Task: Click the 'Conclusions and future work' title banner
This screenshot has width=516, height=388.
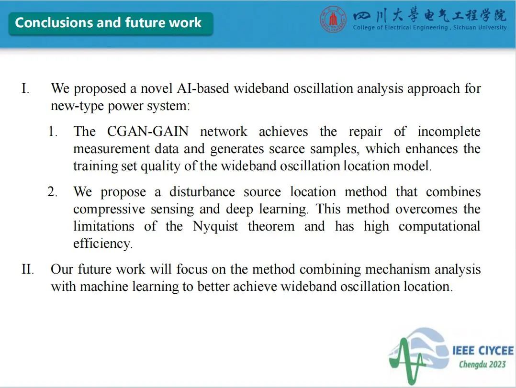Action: (111, 23)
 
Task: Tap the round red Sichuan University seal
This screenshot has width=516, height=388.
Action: (333, 19)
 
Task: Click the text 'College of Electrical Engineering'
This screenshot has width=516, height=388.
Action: (400, 28)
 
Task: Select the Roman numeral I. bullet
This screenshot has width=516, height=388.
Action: (25, 89)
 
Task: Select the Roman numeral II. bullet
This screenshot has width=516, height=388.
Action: (28, 269)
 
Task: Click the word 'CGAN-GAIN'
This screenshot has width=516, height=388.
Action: (148, 132)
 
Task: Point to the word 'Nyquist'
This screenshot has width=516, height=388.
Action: (215, 227)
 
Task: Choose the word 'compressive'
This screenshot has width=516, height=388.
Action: (109, 210)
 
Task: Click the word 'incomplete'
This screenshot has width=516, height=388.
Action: (449, 132)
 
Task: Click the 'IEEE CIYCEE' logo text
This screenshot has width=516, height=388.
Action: (483, 351)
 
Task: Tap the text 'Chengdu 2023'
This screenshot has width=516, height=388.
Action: (482, 365)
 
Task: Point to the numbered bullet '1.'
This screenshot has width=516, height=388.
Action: (53, 132)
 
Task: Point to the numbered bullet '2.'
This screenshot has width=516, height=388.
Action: (52, 192)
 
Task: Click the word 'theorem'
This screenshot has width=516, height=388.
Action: (271, 226)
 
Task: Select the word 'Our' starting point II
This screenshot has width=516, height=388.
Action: (62, 269)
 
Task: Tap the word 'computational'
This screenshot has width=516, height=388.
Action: (439, 227)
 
